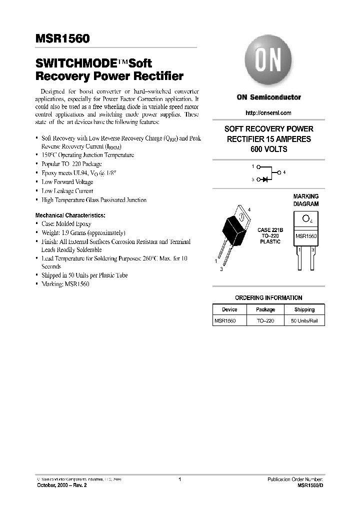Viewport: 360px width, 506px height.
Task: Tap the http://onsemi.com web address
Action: pyautogui.click(x=268, y=113)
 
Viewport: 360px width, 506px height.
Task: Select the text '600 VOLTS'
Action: pyautogui.click(x=268, y=149)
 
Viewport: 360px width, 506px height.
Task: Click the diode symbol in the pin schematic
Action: pyautogui.click(x=265, y=178)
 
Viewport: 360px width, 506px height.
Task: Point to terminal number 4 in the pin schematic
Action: pyautogui.click(x=284, y=172)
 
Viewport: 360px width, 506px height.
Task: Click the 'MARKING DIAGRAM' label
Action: pyautogui.click(x=305, y=200)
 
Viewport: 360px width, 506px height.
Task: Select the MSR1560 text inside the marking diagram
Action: pyautogui.click(x=305, y=236)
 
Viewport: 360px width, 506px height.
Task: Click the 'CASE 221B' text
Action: pyautogui.click(x=270, y=230)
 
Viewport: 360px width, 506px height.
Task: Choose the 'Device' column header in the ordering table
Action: pyautogui.click(x=229, y=309)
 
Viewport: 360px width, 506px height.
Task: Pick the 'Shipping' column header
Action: pyautogui.click(x=304, y=309)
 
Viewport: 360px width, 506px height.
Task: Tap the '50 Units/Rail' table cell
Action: pyautogui.click(x=304, y=320)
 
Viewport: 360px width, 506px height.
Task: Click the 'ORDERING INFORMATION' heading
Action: pyautogui.click(x=268, y=297)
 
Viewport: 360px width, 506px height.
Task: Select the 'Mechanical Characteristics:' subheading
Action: pyautogui.click(x=70, y=215)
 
